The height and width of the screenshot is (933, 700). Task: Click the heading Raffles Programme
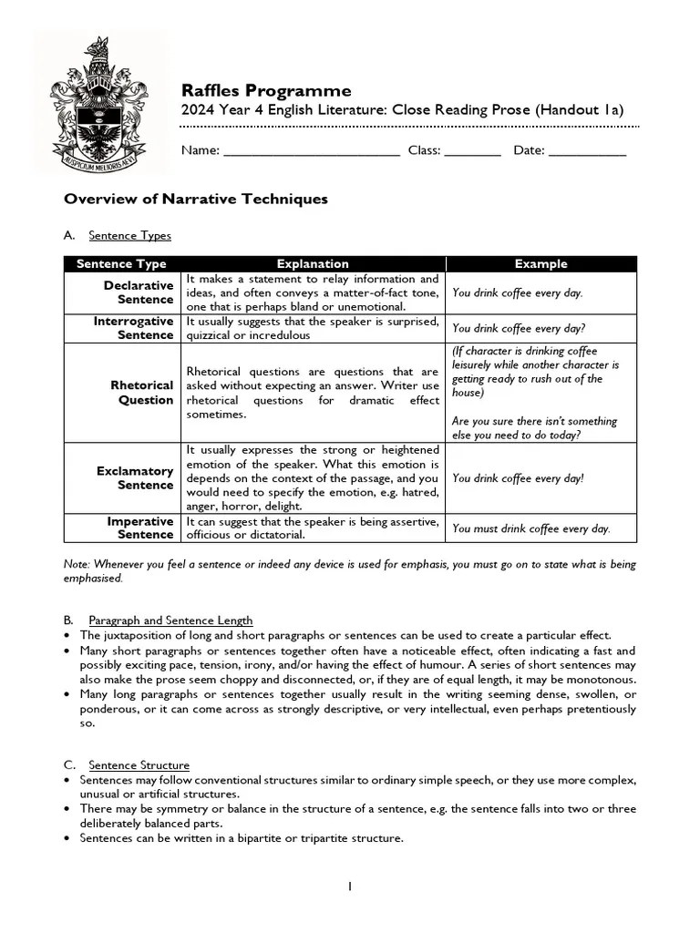(265, 90)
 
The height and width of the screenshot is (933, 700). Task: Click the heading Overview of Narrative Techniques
(195, 199)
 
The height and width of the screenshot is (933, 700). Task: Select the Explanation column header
(313, 264)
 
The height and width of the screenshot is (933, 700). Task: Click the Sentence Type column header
(121, 264)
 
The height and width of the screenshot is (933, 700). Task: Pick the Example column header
(540, 264)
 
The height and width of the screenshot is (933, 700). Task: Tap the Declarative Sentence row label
(139, 292)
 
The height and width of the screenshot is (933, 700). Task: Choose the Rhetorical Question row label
(141, 393)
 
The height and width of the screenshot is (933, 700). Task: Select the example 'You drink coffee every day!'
(518, 478)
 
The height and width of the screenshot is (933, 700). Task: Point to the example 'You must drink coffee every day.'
(531, 528)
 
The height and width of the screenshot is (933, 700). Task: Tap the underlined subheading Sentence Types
(129, 235)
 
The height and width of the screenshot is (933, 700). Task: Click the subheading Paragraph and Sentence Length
(170, 620)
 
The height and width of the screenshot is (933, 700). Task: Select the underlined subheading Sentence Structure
(139, 765)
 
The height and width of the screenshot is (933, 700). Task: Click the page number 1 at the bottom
(349, 887)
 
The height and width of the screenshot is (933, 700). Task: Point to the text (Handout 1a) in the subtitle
(580, 110)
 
